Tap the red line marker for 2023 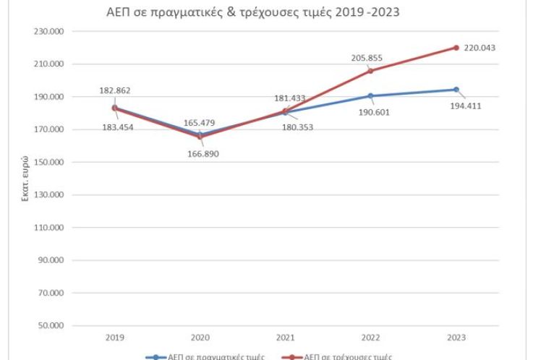(456, 48)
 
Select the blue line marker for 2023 (456, 90)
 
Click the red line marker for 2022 (370, 71)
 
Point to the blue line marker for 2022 (370, 96)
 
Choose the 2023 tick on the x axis (456, 338)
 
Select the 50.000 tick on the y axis (52, 326)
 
